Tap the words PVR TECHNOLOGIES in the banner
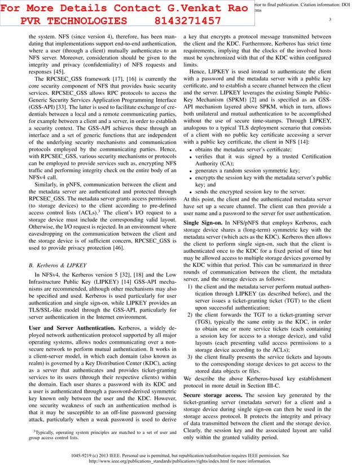73,21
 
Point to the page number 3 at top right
330,20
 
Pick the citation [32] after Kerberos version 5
134,275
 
